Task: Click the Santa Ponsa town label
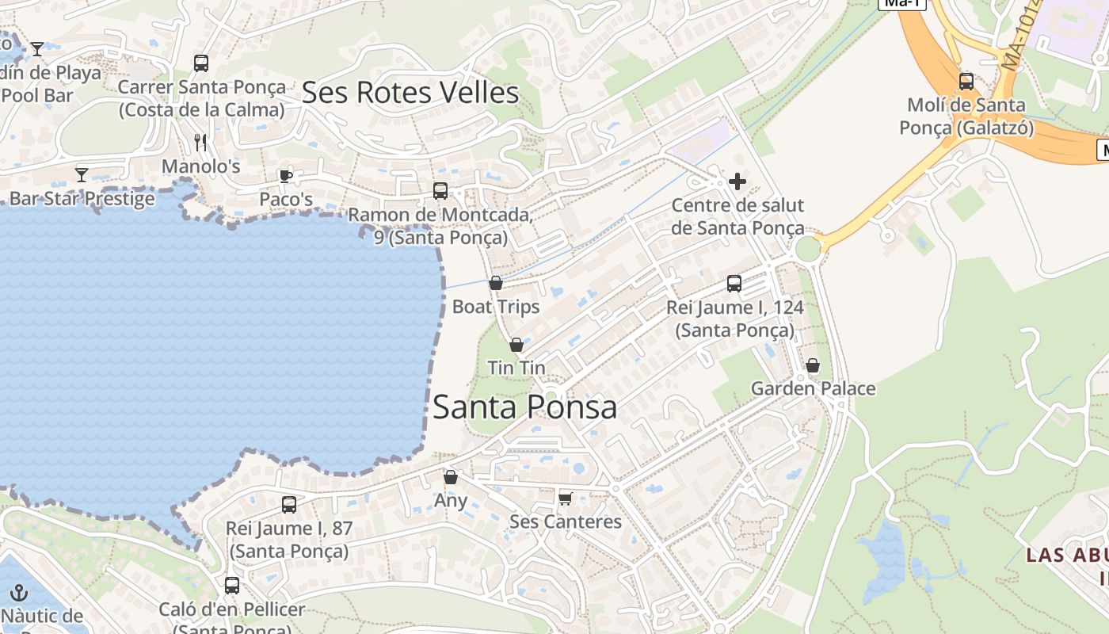tap(524, 407)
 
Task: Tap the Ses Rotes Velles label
tap(410, 93)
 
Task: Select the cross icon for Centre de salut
tap(737, 181)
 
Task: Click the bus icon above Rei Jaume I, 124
tap(734, 283)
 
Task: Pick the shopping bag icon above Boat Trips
tap(496, 283)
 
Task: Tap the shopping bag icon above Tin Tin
tap(516, 345)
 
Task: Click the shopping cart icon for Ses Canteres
tap(565, 498)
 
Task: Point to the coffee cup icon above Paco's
tap(286, 175)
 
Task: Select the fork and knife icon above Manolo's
tap(200, 143)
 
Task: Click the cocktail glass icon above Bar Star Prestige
tap(82, 174)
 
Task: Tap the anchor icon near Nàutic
tap(19, 592)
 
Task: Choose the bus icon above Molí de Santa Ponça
tap(966, 81)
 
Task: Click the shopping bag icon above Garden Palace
tap(813, 365)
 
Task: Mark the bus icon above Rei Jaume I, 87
tap(289, 504)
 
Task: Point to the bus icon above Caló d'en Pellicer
tap(232, 586)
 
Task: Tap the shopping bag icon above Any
tap(451, 477)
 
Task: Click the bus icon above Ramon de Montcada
tap(440, 191)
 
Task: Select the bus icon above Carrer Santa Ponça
tap(201, 63)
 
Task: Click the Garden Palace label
tap(813, 388)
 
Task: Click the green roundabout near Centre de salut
tap(807, 249)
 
